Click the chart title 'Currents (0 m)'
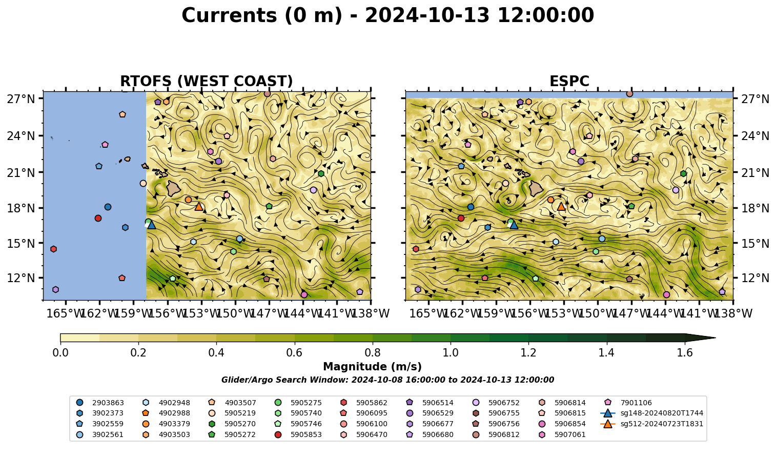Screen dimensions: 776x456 click(x=261, y=16)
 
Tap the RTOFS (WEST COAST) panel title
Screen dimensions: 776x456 click(x=207, y=81)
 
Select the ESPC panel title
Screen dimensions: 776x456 click(x=569, y=81)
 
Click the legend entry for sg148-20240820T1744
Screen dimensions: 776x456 click(x=651, y=413)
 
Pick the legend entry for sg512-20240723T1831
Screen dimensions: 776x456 click(x=651, y=424)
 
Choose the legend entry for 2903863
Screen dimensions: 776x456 click(x=100, y=403)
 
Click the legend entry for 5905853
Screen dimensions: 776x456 click(x=298, y=434)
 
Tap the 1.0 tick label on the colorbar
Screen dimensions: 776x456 click(x=451, y=353)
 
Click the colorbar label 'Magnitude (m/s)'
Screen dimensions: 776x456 click(x=373, y=367)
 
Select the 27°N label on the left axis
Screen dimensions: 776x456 click(x=21, y=99)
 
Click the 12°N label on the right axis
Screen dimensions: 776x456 click(x=754, y=278)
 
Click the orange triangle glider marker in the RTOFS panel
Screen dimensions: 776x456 click(x=198, y=207)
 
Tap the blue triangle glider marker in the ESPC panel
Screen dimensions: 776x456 click(x=514, y=225)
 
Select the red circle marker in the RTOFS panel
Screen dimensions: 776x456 click(x=98, y=218)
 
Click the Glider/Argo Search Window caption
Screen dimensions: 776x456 click(x=387, y=380)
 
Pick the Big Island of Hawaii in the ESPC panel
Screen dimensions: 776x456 click(x=536, y=189)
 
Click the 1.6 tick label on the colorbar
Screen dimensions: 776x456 click(x=685, y=353)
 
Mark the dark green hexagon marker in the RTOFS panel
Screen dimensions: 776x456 click(x=321, y=173)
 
